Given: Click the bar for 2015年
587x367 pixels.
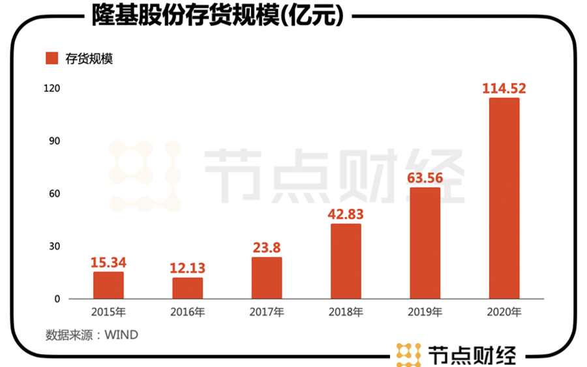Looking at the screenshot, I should coord(108,286).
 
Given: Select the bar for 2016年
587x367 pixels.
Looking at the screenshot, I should coord(187,288).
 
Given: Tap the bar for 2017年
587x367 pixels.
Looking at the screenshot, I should coord(267,278).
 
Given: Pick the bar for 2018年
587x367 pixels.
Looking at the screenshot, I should coord(346,261).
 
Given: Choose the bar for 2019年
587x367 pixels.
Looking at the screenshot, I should coord(425,243).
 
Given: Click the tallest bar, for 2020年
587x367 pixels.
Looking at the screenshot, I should coord(504,199).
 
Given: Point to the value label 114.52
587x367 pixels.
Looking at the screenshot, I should coord(504,88).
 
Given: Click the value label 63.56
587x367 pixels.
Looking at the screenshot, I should coord(425,178).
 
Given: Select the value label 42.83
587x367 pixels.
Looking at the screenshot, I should coord(346,214).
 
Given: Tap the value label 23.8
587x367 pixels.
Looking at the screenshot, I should coord(267,248).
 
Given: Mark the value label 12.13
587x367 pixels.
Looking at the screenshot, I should coord(187,268).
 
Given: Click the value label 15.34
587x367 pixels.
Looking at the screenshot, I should coord(108,263).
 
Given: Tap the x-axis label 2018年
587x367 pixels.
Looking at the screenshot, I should coord(346,312).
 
